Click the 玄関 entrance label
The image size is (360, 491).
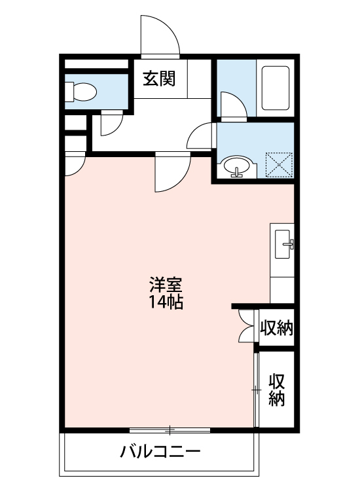click(159, 79)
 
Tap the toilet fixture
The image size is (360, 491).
click(81, 92)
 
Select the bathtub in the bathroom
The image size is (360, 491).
click(275, 88)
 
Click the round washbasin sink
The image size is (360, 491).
click(237, 166)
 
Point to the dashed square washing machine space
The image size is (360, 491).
click(279, 165)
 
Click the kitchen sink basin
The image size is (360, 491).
click(283, 244)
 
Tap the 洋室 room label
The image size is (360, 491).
click(166, 285)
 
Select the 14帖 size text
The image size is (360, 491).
click(166, 302)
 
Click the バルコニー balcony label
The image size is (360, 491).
click(160, 452)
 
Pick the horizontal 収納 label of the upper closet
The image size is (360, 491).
click(277, 328)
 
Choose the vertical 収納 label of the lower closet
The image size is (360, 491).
click(277, 390)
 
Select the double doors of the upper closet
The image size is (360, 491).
click(247, 325)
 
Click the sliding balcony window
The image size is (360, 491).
click(170, 430)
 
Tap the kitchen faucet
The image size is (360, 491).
click(289, 244)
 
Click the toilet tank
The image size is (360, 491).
click(69, 92)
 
